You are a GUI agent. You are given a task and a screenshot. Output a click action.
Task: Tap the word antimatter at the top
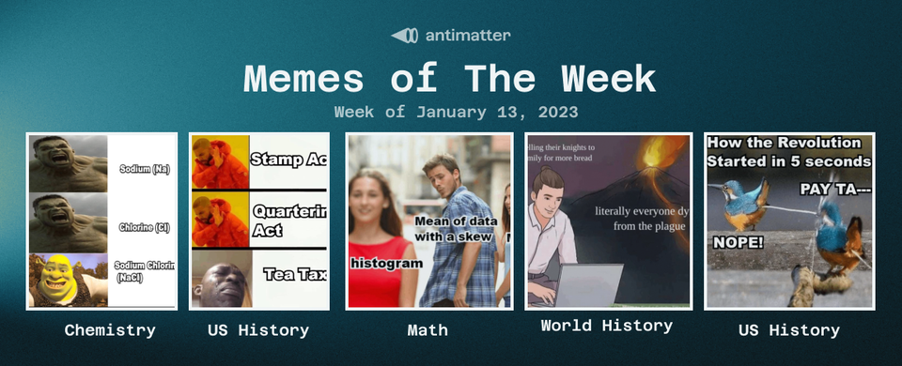467,36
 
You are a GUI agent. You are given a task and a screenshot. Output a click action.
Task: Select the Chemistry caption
110,330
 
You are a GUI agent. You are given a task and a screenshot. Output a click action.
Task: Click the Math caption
428,330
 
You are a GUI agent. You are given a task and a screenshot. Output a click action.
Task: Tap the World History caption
606,326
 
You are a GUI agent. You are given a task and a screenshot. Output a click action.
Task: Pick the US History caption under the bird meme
789,330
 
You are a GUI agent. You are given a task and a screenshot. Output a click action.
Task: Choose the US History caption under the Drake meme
258,330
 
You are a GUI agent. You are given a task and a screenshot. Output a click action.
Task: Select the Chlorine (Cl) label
144,227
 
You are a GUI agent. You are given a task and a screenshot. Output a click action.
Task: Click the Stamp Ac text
288,160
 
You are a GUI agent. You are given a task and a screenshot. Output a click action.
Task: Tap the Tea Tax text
294,274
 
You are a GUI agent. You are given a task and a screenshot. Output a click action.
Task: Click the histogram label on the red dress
386,264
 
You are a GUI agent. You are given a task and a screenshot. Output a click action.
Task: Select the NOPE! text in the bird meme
739,242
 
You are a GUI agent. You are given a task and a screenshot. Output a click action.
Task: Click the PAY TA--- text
834,190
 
